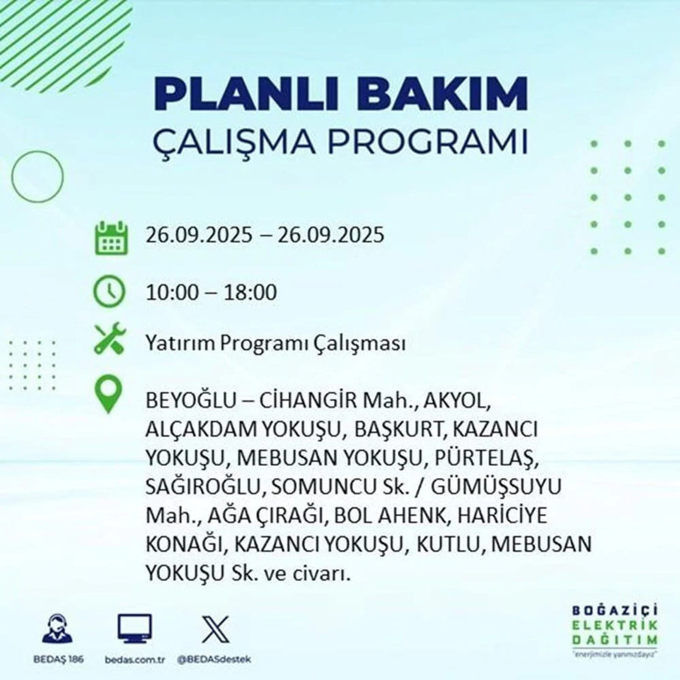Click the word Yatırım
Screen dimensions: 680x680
pos(176,343)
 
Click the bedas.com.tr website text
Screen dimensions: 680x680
pos(134,658)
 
